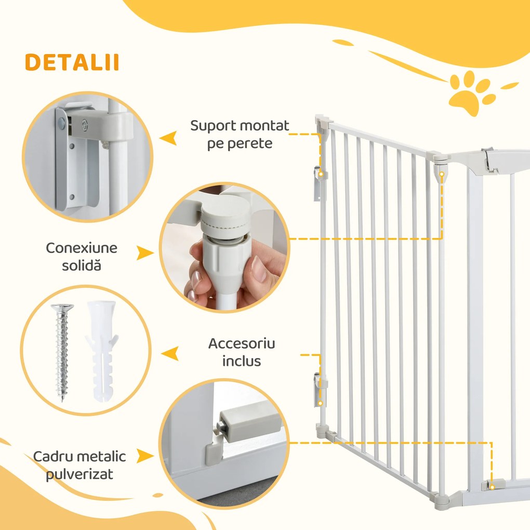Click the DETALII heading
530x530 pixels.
(72, 62)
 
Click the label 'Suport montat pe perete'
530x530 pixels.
(240, 134)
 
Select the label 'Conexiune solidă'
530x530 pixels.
(82, 256)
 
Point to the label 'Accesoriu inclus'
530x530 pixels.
(242, 352)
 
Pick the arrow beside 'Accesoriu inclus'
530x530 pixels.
(169, 354)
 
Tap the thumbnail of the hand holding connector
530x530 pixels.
(223, 247)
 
